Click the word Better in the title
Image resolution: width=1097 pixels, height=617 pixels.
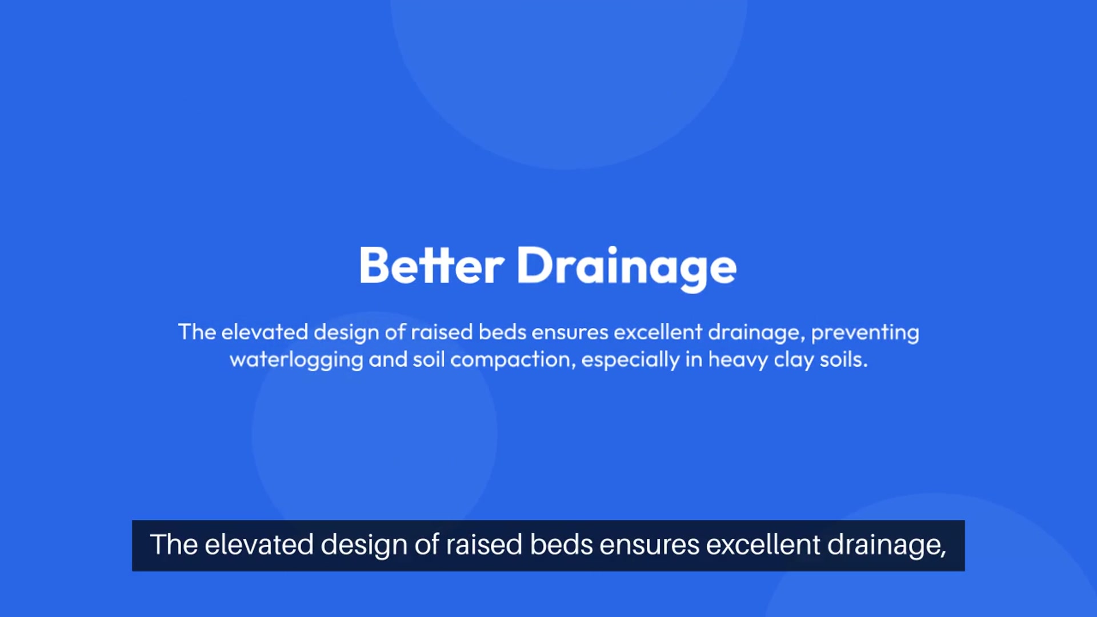pyautogui.click(x=431, y=266)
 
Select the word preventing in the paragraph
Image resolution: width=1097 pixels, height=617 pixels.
pyautogui.click(x=865, y=333)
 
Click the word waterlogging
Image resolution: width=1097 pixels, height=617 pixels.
pyautogui.click(x=296, y=360)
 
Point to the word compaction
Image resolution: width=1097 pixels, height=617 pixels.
pyautogui.click(x=513, y=360)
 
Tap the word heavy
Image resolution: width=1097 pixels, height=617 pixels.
pyautogui.click(x=738, y=360)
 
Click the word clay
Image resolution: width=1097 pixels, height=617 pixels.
pyautogui.click(x=794, y=360)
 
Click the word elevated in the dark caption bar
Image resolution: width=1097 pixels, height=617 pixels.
pyautogui.click(x=259, y=544)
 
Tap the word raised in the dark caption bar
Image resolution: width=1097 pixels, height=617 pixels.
pyautogui.click(x=484, y=544)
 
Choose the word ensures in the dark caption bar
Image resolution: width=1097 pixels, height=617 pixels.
pyautogui.click(x=650, y=546)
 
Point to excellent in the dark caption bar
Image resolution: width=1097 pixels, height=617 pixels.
pyautogui.click(x=763, y=544)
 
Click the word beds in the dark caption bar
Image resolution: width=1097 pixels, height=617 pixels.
pyautogui.click(x=561, y=544)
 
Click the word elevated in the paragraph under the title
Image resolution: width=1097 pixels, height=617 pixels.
pyautogui.click(x=265, y=332)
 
